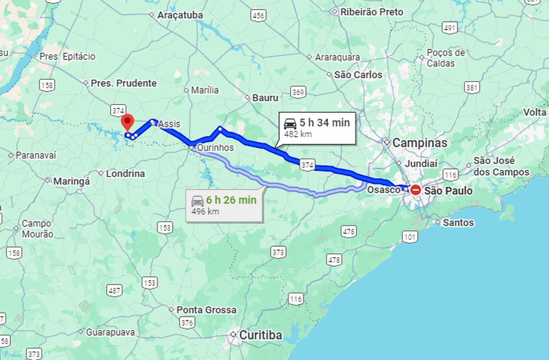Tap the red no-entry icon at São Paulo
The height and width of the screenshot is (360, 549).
click(x=416, y=189)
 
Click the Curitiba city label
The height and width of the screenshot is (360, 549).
click(x=261, y=335)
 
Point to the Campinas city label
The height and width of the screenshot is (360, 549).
click(x=420, y=143)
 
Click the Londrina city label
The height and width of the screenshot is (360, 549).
click(x=125, y=173)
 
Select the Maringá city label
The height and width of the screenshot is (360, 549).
click(x=72, y=181)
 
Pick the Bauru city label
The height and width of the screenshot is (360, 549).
click(x=265, y=98)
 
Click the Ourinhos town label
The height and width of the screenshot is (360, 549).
click(x=215, y=147)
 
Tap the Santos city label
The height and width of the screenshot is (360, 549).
click(x=458, y=222)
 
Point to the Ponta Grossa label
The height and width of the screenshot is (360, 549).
click(x=206, y=310)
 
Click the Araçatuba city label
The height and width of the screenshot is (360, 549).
click(x=180, y=16)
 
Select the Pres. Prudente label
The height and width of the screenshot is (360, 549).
click(x=124, y=83)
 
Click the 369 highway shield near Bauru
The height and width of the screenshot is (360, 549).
click(x=299, y=93)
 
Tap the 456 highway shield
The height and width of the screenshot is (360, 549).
click(x=258, y=16)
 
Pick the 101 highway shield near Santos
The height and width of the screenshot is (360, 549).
click(x=411, y=237)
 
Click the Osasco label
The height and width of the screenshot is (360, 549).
click(x=383, y=189)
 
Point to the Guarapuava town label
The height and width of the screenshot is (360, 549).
click(x=110, y=332)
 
